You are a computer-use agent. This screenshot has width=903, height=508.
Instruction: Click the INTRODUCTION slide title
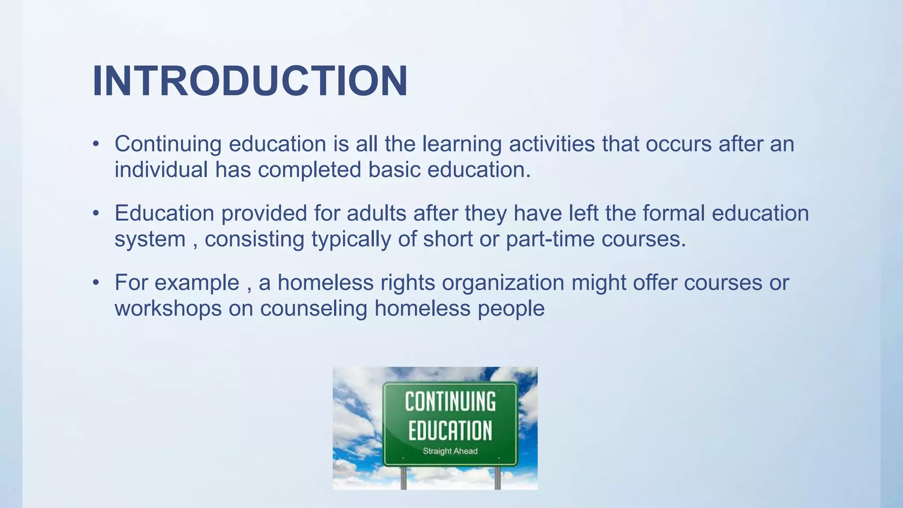pyautogui.click(x=250, y=81)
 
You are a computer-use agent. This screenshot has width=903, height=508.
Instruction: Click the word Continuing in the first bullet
pyautogui.click(x=168, y=144)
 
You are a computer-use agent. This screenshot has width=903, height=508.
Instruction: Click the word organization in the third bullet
pyautogui.click(x=503, y=283)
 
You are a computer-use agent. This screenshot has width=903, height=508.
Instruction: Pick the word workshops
pyautogui.click(x=168, y=308)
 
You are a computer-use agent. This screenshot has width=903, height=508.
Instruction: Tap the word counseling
pyautogui.click(x=313, y=308)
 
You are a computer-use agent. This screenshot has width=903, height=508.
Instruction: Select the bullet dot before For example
pyautogui.click(x=96, y=283)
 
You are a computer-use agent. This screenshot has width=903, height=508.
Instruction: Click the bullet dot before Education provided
pyautogui.click(x=96, y=213)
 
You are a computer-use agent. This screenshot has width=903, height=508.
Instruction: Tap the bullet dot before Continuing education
pyautogui.click(x=96, y=144)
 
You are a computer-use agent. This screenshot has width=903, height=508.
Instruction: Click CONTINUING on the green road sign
pyautogui.click(x=450, y=402)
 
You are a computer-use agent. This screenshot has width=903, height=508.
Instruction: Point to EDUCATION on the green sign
pyautogui.click(x=450, y=431)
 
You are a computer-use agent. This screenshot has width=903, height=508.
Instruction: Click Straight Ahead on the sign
pyautogui.click(x=450, y=451)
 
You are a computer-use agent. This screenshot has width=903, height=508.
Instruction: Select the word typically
pyautogui.click(x=351, y=239)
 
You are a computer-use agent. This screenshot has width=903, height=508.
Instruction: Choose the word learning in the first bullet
pyautogui.click(x=462, y=144)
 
